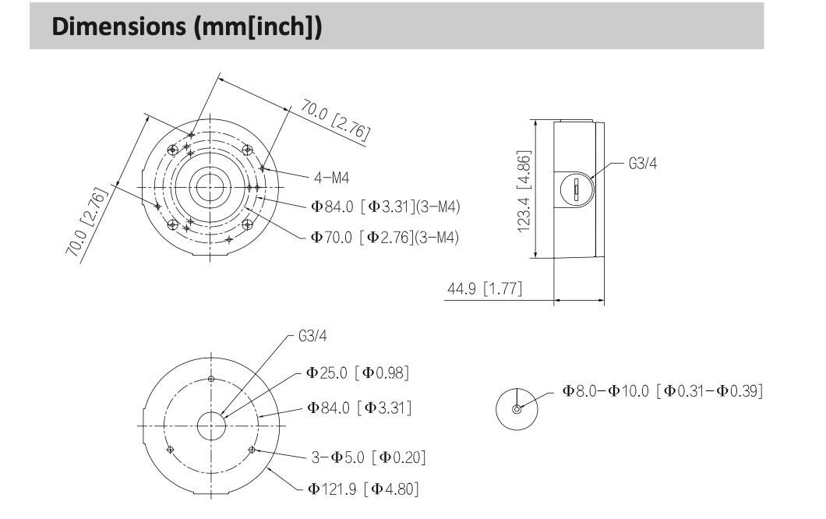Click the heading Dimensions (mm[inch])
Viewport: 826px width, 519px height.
point(186,26)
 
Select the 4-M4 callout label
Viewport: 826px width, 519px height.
point(331,178)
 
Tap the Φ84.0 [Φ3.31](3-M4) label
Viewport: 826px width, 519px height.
point(385,207)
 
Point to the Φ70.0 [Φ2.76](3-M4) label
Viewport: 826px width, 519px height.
point(384,238)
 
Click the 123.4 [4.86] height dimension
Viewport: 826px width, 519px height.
point(524,192)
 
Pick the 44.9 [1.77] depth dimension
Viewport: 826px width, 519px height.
point(485,289)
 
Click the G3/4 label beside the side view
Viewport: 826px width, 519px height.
point(643,164)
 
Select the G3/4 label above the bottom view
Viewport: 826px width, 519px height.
point(312,336)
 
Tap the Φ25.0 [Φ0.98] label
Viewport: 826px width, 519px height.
point(358,373)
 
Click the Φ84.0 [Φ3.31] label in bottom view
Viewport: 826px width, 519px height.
point(359,408)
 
